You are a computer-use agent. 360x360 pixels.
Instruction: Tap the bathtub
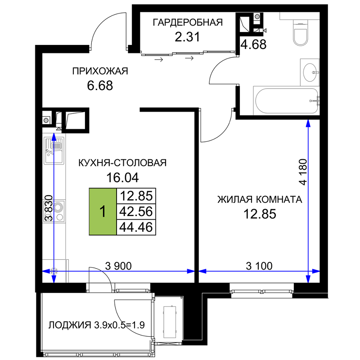(287, 101)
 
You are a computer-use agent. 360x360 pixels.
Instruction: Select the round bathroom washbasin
(310, 72)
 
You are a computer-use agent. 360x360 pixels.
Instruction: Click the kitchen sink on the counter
(54, 151)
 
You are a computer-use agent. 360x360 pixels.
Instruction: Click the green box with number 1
(103, 211)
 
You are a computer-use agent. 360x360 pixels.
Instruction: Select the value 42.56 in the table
(136, 211)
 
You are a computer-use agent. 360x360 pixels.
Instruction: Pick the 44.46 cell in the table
(136, 227)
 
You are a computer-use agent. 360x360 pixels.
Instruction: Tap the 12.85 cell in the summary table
(136, 196)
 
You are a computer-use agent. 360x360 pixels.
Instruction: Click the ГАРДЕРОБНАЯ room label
(188, 22)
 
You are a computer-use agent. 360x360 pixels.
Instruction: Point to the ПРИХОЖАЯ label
(100, 71)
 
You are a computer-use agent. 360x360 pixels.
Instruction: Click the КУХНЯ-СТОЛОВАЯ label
(122, 163)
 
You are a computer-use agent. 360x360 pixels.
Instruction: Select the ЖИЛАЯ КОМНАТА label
(260, 199)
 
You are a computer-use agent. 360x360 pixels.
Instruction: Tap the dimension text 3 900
(118, 266)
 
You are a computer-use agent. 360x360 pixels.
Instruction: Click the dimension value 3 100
(259, 266)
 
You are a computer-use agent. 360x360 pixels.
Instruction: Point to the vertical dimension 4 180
(303, 172)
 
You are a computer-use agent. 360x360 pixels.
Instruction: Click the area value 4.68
(253, 44)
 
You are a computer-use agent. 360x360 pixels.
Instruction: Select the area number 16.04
(122, 177)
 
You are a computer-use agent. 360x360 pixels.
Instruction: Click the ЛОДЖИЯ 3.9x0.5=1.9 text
(96, 325)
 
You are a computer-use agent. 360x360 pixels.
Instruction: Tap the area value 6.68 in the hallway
(100, 85)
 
